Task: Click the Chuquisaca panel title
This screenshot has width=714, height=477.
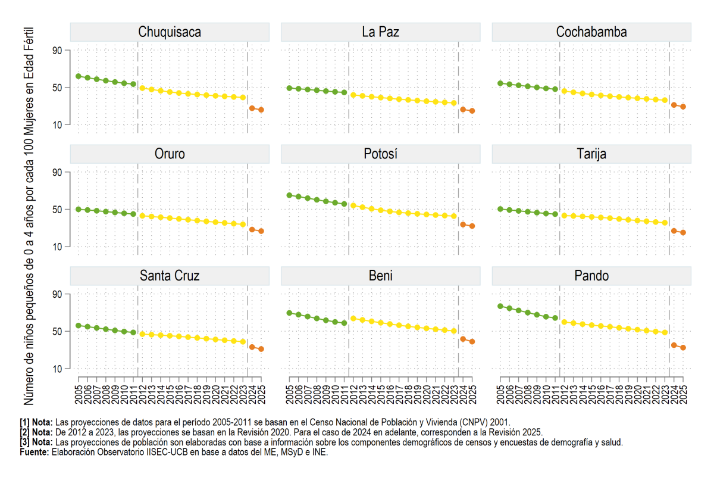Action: pos(170,32)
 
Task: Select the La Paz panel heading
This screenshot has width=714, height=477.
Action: pos(380,32)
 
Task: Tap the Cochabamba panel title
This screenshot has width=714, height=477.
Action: pos(591,32)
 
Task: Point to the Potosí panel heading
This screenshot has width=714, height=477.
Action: pos(380,154)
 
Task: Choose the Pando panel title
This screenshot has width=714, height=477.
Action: pos(591,276)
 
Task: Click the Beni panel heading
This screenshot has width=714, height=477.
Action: pos(380,276)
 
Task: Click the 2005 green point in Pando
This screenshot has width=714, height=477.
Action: pos(500,306)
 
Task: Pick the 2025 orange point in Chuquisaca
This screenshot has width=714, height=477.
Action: pos(261,110)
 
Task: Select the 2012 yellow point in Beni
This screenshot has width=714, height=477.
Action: pos(353,319)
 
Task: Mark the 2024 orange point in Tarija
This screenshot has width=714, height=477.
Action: pos(674,230)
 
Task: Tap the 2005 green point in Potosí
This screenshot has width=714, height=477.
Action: pos(289,195)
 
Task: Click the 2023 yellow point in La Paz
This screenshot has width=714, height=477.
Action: pos(454,103)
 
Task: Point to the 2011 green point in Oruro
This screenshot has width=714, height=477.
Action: pos(133,214)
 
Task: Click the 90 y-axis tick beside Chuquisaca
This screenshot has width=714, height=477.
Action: pos(57,51)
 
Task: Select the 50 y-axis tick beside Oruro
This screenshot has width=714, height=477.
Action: pos(57,210)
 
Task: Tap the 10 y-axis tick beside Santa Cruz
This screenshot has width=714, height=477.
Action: pos(57,369)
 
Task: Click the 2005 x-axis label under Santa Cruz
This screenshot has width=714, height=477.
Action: pos(79,394)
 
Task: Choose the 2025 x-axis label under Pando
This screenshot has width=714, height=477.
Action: pos(683,394)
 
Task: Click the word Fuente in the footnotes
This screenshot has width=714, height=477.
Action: pos(35,452)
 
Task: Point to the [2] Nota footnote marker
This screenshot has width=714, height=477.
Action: pos(36,432)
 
